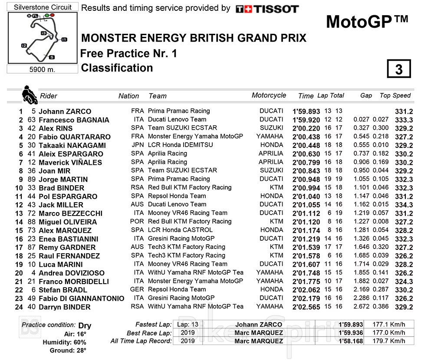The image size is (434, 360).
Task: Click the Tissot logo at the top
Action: coord(267,9)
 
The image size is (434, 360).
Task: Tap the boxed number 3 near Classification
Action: coord(398,69)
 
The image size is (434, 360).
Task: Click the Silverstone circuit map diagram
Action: coord(42,38)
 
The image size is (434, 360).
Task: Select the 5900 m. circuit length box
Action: coord(42,69)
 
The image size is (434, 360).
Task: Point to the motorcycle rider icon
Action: coord(29,94)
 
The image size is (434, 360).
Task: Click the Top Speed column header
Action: coord(395,95)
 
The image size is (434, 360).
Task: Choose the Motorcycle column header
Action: coord(269,95)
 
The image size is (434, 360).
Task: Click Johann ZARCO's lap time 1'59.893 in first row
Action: coord(306,111)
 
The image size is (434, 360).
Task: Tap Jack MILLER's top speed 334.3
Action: coord(404,205)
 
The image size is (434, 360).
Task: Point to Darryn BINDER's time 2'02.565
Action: coord(306,307)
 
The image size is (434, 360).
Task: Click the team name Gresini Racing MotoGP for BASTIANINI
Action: coord(181,239)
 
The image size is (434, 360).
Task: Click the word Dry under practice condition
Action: coord(85,325)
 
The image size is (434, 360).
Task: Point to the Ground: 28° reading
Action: coord(68,350)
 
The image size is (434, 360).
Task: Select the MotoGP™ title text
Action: coord(367,22)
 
